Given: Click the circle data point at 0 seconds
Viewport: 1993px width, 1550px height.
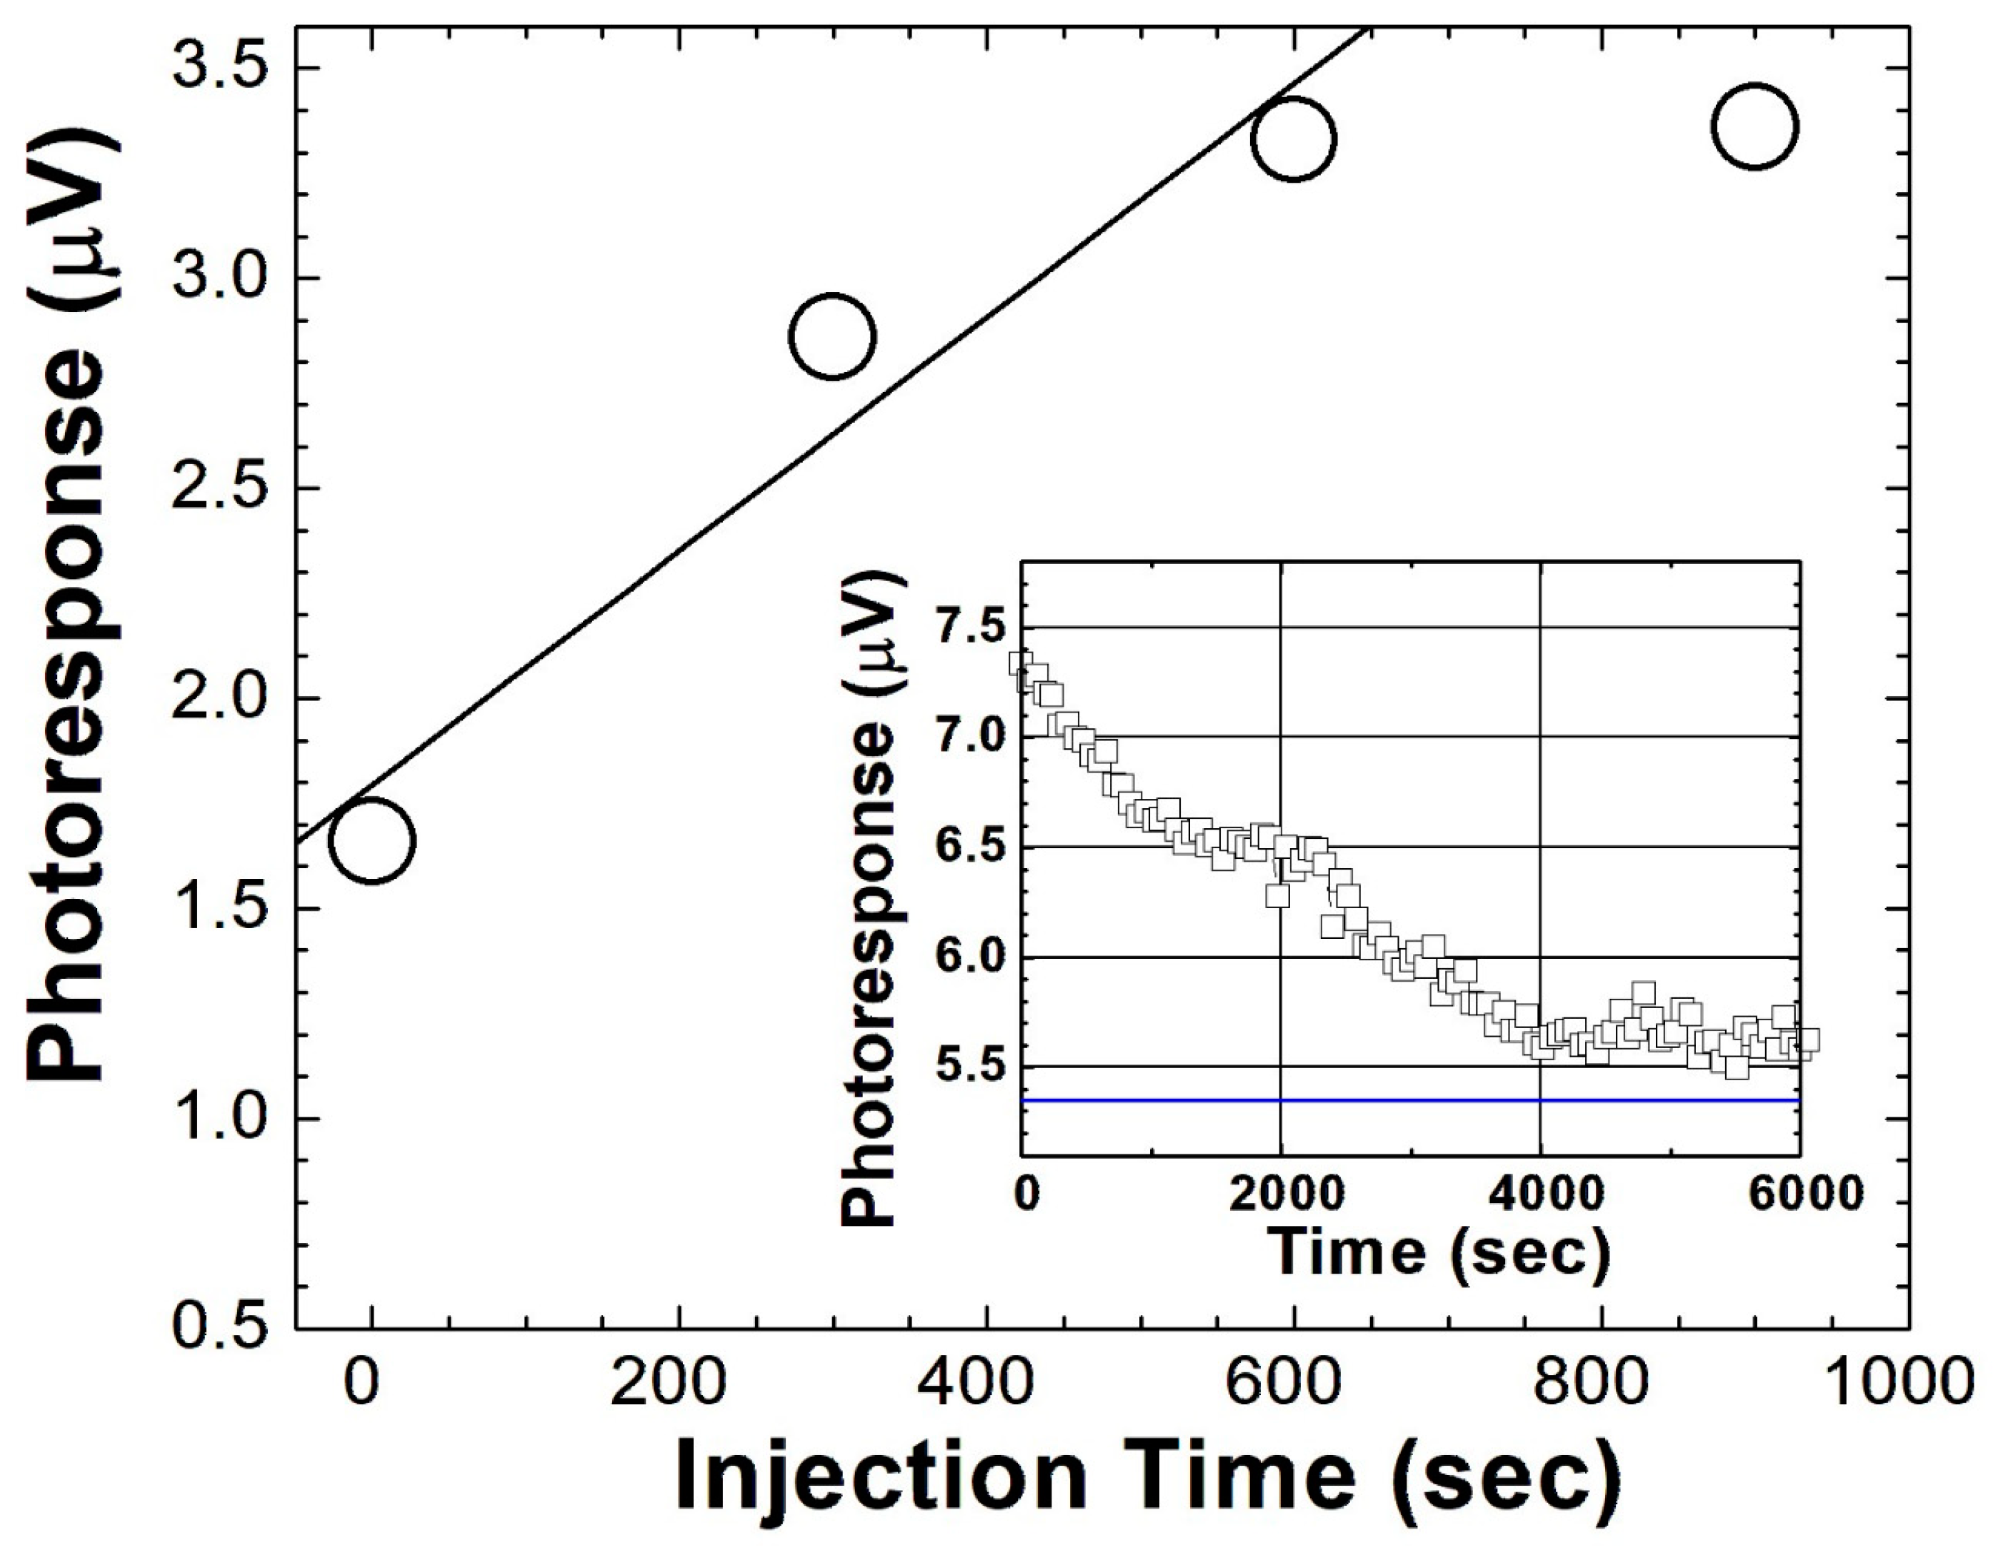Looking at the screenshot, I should [371, 840].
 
